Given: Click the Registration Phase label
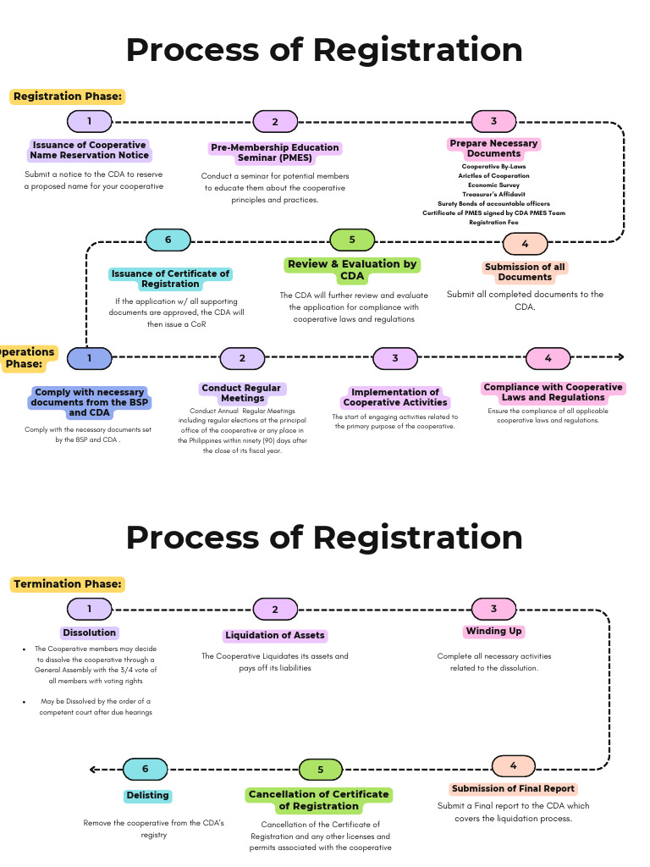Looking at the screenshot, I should pyautogui.click(x=68, y=97).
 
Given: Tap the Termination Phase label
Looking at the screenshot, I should pyautogui.click(x=68, y=584).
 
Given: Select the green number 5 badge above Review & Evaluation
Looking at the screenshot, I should pyautogui.click(x=352, y=240).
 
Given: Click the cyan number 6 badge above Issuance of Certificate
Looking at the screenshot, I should pyautogui.click(x=168, y=240).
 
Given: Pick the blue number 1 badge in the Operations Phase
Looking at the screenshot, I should pyautogui.click(x=89, y=358).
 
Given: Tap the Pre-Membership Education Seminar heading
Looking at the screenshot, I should pyautogui.click(x=275, y=152).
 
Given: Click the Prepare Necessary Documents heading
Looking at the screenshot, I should pyautogui.click(x=493, y=148).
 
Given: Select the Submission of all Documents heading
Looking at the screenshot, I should pyautogui.click(x=525, y=272).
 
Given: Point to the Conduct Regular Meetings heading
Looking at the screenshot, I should pyautogui.click(x=242, y=393).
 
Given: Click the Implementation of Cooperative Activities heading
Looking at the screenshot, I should pyautogui.click(x=395, y=397).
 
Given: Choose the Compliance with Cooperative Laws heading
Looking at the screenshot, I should pyautogui.click(x=553, y=392).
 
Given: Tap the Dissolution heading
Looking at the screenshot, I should pyautogui.click(x=89, y=632).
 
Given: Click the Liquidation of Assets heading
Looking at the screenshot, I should pyautogui.click(x=275, y=635).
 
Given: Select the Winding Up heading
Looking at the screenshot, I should pyautogui.click(x=494, y=632).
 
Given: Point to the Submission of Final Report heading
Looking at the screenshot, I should pyautogui.click(x=513, y=788).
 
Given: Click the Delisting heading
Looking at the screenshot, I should pyautogui.click(x=148, y=796).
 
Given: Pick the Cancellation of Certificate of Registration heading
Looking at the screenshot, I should pyautogui.click(x=319, y=800).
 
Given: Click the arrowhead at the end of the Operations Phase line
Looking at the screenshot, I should pyautogui.click(x=620, y=357).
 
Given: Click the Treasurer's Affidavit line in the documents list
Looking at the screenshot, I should pyautogui.click(x=493, y=195).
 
